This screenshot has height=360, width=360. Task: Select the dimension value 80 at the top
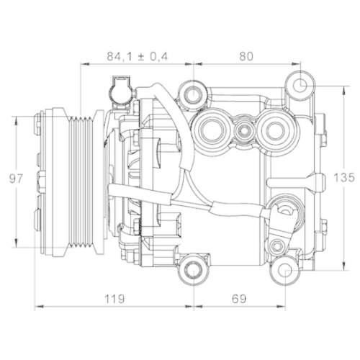pos(246,56)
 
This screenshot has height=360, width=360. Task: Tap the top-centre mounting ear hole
pos(192,91)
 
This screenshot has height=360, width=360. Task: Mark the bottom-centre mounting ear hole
pos(192,270)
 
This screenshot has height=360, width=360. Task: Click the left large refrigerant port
pos(213,130)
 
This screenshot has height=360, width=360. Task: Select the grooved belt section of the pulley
pos(85,178)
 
